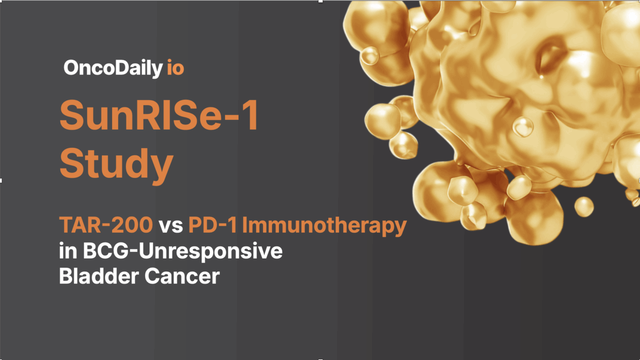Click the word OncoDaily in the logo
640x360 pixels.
click(x=112, y=68)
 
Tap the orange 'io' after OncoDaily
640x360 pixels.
click(x=175, y=68)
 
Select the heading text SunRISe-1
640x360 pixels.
click(x=159, y=116)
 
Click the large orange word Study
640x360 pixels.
click(x=116, y=163)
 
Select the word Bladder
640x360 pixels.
click(x=98, y=276)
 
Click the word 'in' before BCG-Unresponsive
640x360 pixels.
click(x=68, y=251)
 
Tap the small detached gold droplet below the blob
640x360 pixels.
click(x=583, y=206)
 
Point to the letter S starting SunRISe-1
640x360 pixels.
click(x=72, y=116)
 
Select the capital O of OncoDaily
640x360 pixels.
click(x=72, y=68)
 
